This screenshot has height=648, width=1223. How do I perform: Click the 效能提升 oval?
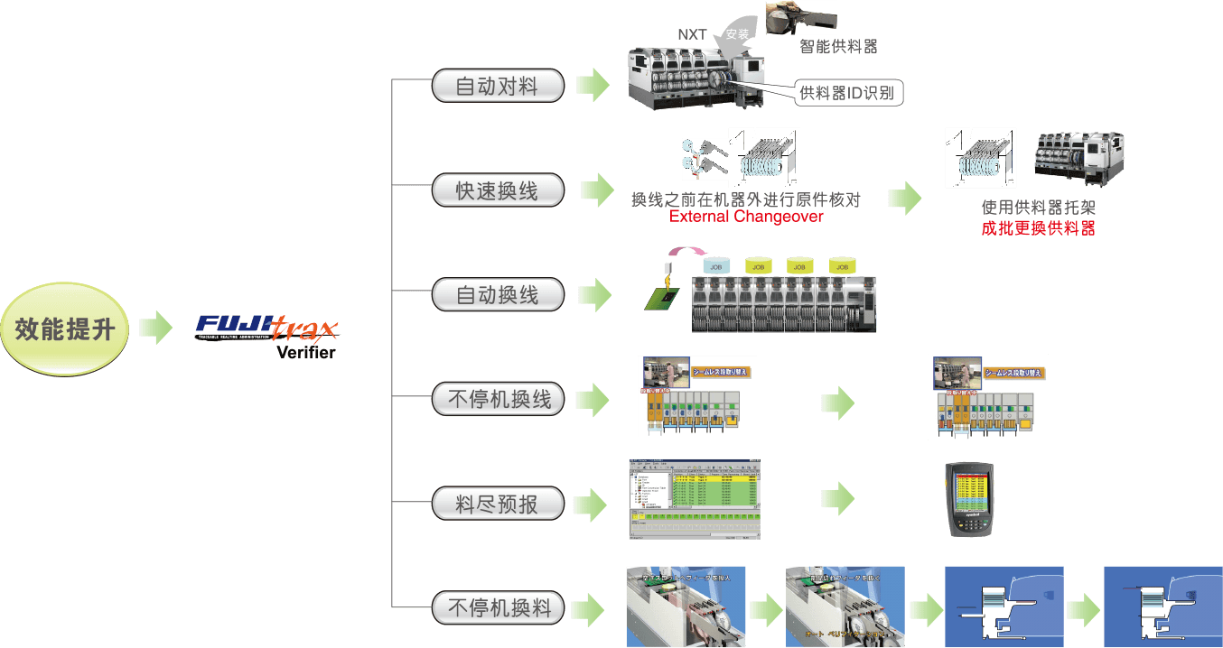(x=65, y=329)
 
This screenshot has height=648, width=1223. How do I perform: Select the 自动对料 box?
(x=498, y=87)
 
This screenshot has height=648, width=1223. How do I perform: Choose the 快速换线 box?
(x=498, y=190)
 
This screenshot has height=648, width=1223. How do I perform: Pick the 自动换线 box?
(x=498, y=295)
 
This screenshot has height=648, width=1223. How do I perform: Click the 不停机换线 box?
(x=498, y=399)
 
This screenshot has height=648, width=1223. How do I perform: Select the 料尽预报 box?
(x=498, y=504)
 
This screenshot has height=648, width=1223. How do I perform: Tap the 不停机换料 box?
(x=498, y=607)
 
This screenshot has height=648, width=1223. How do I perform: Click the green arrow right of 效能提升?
(x=155, y=328)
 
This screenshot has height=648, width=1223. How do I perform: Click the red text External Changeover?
(x=746, y=217)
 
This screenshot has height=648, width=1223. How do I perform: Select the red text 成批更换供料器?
(x=1038, y=228)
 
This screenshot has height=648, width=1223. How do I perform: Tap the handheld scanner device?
(x=970, y=500)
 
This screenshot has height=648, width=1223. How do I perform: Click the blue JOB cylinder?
(x=716, y=266)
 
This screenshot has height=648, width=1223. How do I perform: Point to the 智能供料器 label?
(x=838, y=46)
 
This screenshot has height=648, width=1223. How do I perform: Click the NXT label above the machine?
(x=693, y=35)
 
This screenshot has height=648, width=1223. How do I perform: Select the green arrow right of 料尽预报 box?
(x=591, y=505)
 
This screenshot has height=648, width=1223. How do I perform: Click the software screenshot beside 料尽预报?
(x=694, y=499)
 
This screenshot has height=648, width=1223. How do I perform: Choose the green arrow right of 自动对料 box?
(x=593, y=85)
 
